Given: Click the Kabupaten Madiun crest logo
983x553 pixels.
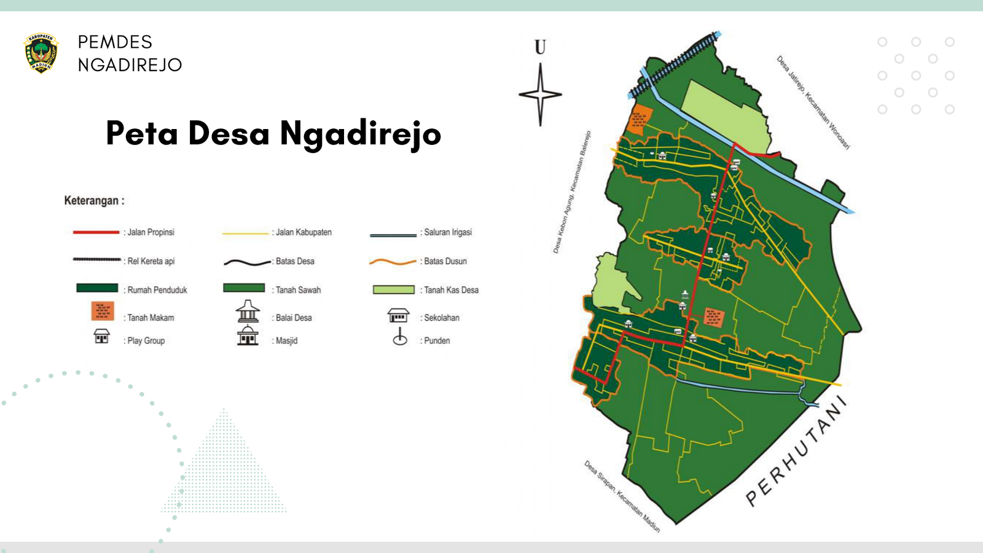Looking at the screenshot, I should [41, 53].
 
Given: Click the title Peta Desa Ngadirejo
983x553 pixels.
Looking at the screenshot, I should [273, 133].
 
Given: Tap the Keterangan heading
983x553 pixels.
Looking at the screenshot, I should [94, 201].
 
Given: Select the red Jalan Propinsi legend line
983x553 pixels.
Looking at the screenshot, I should [96, 232].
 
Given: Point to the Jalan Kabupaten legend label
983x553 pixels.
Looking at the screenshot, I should [304, 232].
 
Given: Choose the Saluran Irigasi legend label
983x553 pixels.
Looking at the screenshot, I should [448, 232].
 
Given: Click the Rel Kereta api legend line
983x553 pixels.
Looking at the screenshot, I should [96, 260].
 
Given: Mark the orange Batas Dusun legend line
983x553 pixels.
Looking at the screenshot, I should [393, 262].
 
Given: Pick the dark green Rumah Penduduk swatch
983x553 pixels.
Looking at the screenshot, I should [97, 288].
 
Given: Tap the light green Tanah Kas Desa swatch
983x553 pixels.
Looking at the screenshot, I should [394, 289].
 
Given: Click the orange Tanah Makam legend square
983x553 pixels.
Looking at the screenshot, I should [103, 311].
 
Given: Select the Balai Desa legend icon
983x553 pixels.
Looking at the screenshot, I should [248, 312].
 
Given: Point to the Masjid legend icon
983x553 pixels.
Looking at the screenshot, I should [248, 336].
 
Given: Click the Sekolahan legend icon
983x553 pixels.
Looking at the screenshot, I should [398, 316].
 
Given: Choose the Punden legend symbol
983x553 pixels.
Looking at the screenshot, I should [400, 337].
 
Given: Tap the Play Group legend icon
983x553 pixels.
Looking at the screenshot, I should [101, 336].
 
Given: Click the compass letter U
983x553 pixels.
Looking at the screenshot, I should [540, 47].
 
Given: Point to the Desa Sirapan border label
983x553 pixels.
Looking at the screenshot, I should [622, 496].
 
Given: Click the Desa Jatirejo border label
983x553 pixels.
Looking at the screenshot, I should [813, 102].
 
